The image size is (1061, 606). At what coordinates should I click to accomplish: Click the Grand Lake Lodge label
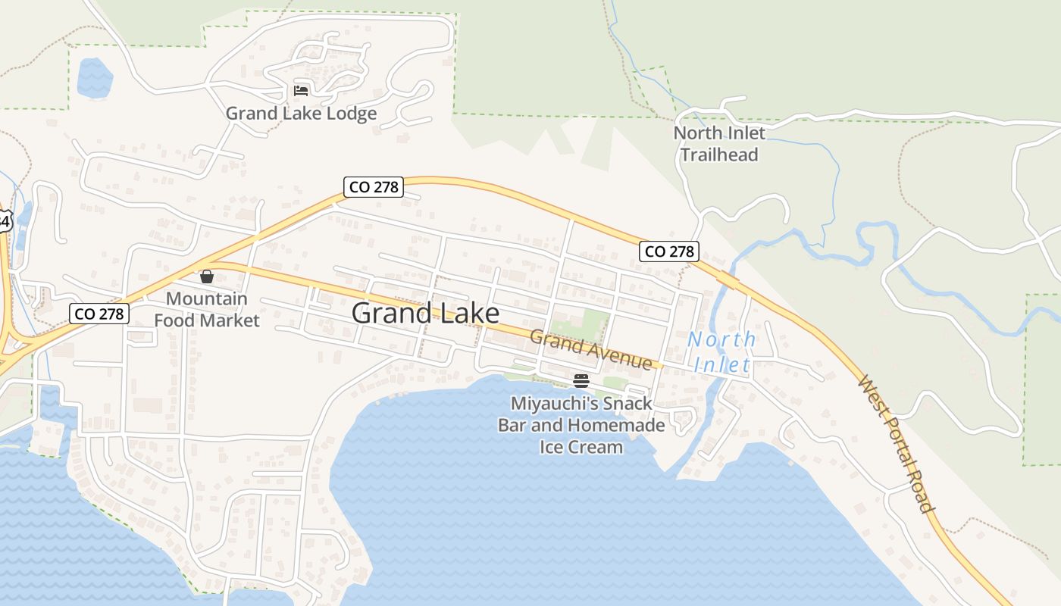click(301, 114)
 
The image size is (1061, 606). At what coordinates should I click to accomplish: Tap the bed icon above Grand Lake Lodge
click(301, 91)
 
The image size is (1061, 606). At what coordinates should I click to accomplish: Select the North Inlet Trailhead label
click(719, 143)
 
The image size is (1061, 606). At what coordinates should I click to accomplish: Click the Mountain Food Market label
click(206, 309)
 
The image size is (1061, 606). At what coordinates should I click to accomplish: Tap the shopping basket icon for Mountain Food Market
click(206, 276)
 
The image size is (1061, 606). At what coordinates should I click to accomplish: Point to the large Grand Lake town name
click(425, 313)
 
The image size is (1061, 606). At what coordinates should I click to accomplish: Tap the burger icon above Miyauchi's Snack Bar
click(581, 380)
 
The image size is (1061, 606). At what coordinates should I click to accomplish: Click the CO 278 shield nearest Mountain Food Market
click(99, 313)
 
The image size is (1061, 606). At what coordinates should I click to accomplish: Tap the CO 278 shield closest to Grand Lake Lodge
click(374, 186)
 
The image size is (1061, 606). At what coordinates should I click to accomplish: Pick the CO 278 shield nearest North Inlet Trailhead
click(668, 251)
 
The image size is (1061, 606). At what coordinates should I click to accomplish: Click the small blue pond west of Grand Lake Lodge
click(95, 77)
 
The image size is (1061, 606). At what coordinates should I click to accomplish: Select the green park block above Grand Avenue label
click(580, 324)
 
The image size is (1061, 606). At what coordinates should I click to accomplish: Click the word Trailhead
click(719, 155)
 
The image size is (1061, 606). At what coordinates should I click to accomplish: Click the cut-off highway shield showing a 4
click(5, 221)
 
